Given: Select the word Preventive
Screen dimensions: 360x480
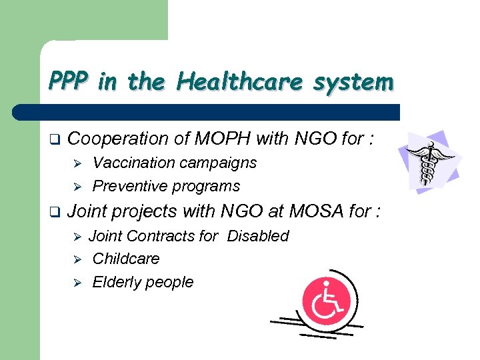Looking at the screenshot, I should [130, 185].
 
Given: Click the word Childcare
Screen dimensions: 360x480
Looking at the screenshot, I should [126, 259].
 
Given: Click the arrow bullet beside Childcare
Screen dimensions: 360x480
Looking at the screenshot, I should [77, 259].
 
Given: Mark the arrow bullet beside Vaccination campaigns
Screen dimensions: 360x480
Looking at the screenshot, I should [77, 163].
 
